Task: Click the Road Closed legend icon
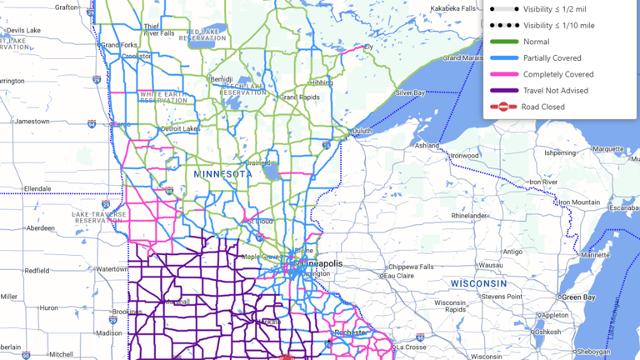[x=503, y=107]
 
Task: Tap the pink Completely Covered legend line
[x=503, y=74]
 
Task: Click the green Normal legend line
[x=503, y=42]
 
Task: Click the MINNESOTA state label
[x=222, y=174]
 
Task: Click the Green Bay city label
[x=577, y=297]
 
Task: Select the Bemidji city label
[x=222, y=79]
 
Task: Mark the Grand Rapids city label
[x=301, y=97]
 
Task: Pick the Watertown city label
[x=112, y=269]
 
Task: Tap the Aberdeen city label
[x=40, y=227]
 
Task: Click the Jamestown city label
[x=32, y=121]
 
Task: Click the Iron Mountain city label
[x=579, y=202]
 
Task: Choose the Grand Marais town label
[x=462, y=58]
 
